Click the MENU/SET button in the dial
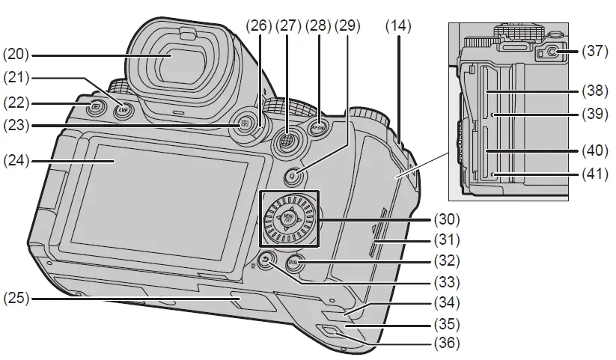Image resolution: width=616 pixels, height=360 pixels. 289,220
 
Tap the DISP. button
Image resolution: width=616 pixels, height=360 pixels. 296,263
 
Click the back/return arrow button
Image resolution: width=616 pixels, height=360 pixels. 266,260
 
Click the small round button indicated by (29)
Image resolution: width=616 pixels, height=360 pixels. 294,176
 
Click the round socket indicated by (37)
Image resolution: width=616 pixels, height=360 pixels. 549,52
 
